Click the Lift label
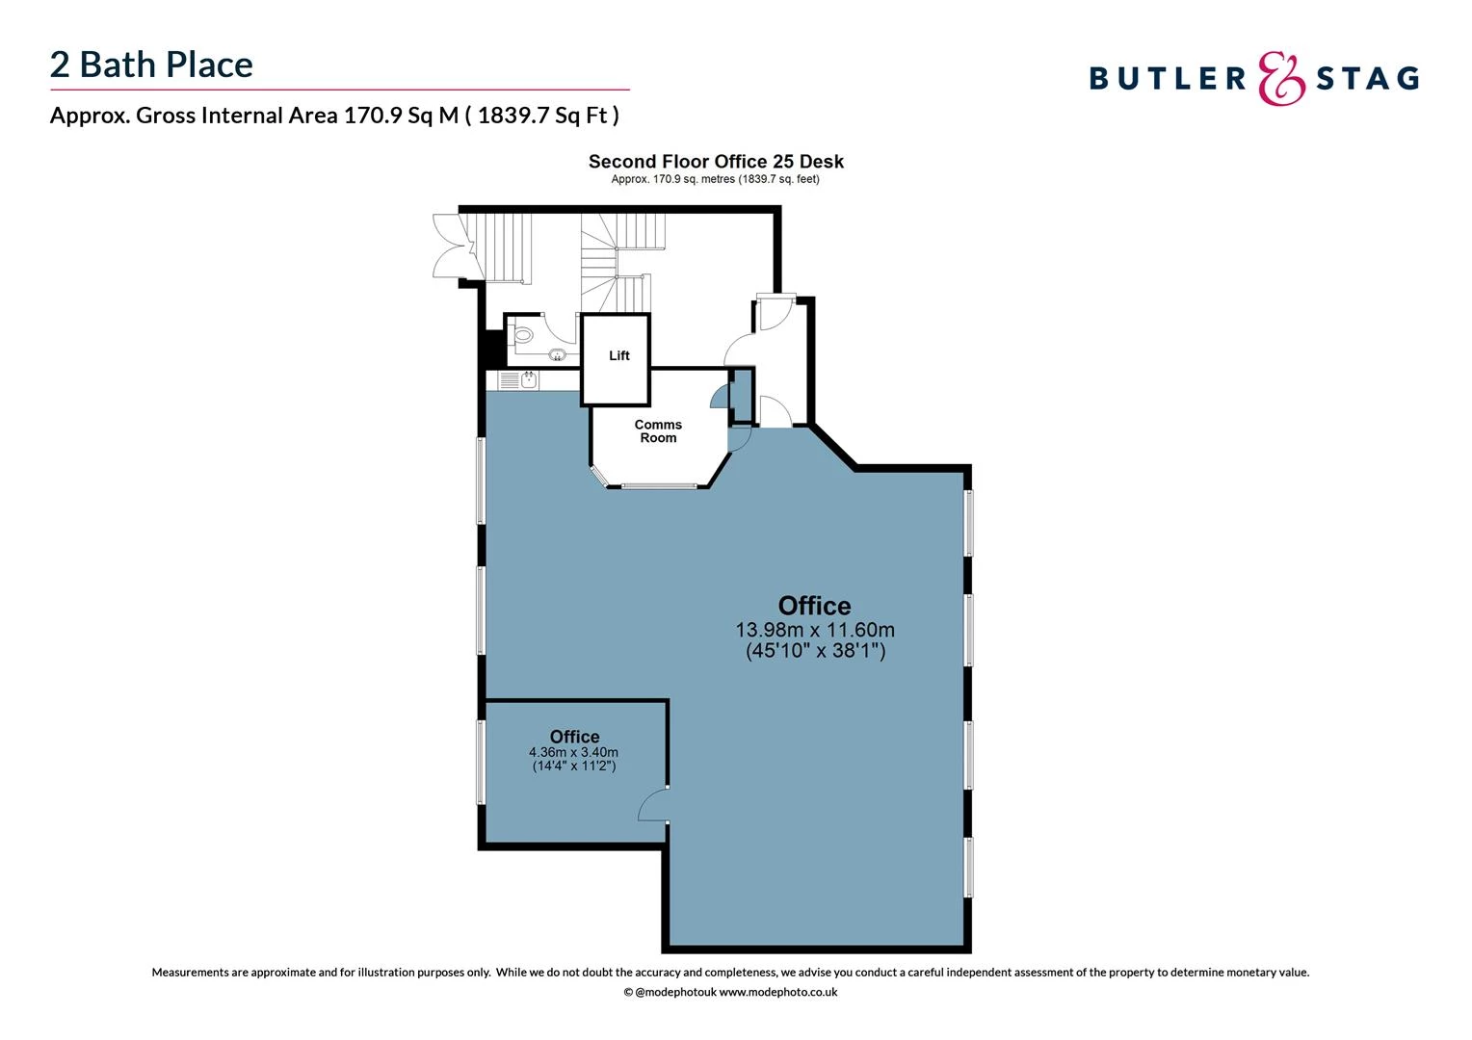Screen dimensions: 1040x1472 (618, 356)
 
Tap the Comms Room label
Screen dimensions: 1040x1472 (658, 431)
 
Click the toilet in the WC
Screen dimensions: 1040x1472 (522, 335)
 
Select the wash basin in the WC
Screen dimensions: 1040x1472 (557, 355)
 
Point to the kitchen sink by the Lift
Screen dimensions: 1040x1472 (528, 379)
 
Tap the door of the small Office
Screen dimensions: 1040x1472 (653, 806)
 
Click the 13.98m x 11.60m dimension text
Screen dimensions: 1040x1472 (815, 630)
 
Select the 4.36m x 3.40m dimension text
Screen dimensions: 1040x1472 (574, 752)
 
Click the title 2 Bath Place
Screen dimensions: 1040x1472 (151, 65)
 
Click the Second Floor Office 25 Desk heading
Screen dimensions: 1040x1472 (716, 162)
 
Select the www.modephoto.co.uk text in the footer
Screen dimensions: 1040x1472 (778, 992)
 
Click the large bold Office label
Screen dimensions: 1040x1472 (815, 606)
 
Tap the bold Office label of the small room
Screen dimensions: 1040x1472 (574, 737)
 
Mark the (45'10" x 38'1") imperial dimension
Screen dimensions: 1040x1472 (815, 651)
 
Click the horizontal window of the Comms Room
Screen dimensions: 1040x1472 (659, 486)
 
